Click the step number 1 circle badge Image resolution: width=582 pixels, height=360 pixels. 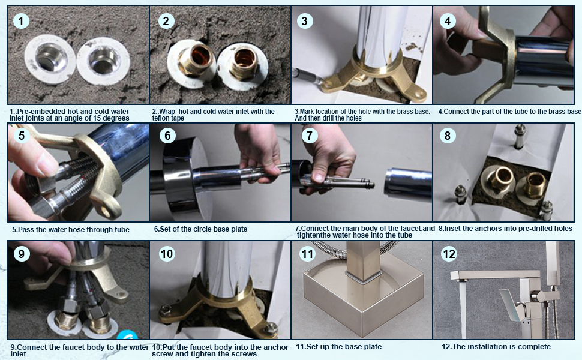(x=21, y=21)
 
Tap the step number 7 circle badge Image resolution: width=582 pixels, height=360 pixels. (x=310, y=136)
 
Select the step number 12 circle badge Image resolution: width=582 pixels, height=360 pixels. (x=449, y=254)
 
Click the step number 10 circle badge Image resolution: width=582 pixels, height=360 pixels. (x=167, y=254)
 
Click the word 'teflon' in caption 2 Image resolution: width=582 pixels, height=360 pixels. (x=161, y=118)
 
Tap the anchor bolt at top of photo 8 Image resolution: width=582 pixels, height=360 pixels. (x=519, y=136)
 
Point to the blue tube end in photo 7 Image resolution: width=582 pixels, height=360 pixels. (x=407, y=182)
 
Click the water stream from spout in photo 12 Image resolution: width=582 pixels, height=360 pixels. (x=463, y=309)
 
